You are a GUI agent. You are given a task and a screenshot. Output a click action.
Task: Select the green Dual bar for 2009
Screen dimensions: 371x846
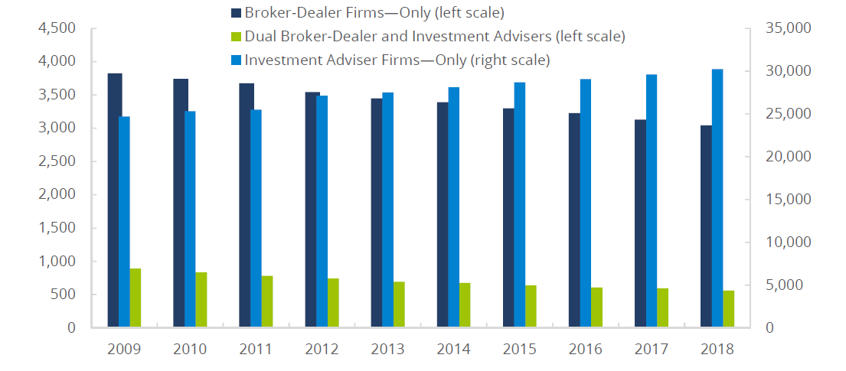point(136,298)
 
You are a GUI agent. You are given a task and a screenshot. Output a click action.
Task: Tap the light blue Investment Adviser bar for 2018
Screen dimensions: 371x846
point(717,198)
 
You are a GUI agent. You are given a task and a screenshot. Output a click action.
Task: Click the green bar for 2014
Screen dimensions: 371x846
point(465,305)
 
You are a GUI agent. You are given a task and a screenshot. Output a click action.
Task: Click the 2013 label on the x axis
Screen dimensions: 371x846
point(387,350)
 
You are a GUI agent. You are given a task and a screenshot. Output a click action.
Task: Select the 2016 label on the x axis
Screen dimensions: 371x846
point(585,350)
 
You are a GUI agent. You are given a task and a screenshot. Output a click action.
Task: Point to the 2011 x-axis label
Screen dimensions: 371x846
point(256,350)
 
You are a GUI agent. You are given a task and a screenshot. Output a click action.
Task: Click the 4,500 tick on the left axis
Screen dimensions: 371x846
point(57,28)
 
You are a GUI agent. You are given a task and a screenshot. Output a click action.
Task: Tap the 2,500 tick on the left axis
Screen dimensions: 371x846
point(57,161)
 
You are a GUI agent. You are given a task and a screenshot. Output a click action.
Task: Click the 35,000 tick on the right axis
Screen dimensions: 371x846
point(782,28)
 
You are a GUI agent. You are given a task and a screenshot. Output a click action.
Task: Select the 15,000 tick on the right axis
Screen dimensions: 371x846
point(782,200)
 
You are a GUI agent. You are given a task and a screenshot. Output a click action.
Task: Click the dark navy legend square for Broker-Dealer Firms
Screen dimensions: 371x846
point(236,13)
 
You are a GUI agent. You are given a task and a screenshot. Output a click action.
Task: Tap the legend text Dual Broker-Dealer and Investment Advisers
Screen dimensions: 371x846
point(434,36)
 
